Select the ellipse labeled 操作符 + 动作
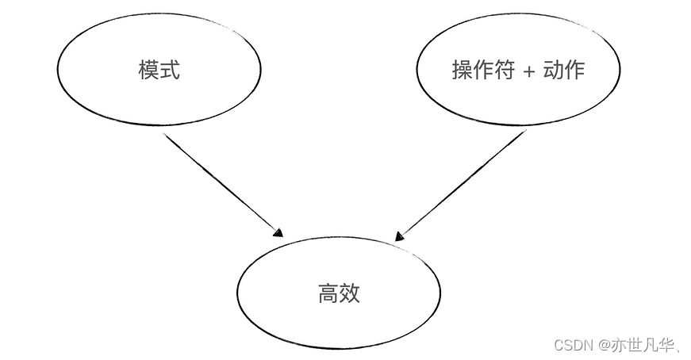click(517, 71)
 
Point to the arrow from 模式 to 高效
click(222, 184)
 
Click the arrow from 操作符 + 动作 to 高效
click(460, 184)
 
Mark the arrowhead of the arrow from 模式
click(278, 233)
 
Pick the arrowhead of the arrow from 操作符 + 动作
click(400, 236)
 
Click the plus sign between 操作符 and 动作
click(530, 71)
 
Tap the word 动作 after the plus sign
click(564, 71)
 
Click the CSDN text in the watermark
click(574, 345)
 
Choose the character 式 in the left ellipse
click(170, 71)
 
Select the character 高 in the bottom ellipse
click(328, 294)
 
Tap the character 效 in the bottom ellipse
click(350, 294)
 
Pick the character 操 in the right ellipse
click(463, 71)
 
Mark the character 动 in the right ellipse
click(554, 71)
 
